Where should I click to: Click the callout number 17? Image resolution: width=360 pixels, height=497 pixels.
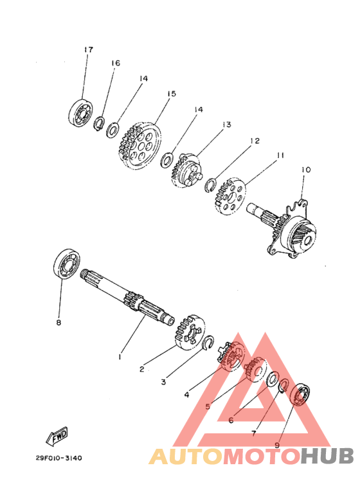point(89,50)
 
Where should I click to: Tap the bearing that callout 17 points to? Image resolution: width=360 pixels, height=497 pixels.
point(80,112)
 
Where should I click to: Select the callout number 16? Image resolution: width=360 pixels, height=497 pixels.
point(116,63)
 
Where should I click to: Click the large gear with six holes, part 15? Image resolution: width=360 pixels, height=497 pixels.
point(140,146)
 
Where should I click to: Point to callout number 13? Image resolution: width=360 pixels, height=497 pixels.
point(227,125)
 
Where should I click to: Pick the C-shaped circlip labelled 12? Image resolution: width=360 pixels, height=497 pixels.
point(210,185)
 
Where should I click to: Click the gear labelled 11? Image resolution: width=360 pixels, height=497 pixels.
point(230,196)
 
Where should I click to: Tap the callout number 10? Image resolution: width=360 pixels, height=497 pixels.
point(306,170)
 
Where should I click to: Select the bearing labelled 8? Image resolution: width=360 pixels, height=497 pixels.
point(66,264)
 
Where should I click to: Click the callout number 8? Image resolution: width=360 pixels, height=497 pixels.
point(59,323)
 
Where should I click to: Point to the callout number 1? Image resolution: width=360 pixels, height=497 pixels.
point(120,357)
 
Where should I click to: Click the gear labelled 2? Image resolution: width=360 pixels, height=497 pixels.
point(190,332)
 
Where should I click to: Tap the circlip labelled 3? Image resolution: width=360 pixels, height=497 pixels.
point(208,343)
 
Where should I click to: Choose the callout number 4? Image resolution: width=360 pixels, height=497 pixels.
point(186,395)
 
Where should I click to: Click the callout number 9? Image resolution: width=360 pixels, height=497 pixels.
point(277,446)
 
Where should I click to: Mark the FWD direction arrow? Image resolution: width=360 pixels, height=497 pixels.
point(57,436)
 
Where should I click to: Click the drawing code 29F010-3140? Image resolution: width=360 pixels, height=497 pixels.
point(59,458)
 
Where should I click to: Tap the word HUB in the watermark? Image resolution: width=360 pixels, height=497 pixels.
point(327,456)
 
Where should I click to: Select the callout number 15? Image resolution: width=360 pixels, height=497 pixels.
point(172,94)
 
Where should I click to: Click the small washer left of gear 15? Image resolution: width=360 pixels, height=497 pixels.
point(113,131)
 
